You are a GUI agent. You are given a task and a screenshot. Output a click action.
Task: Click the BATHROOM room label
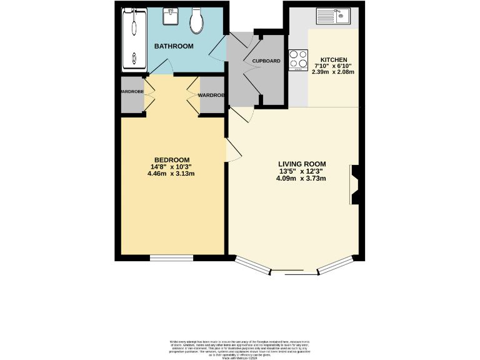pos(174,46)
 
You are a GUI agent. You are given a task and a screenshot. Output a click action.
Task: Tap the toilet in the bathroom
pos(196,22)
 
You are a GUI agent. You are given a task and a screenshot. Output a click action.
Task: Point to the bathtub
pos(132,39)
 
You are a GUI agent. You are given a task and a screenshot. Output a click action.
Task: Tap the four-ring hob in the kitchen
pos(298,61)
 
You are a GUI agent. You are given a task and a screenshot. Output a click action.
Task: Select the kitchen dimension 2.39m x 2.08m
pos(333,72)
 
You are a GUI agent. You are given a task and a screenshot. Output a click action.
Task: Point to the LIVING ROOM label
pos(302,164)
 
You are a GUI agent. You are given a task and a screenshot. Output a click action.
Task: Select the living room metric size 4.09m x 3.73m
pos(302,179)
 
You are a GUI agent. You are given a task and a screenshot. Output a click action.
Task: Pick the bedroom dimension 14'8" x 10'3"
pos(171,167)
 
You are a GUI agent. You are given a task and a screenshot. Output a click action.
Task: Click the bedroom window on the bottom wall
pos(171,257)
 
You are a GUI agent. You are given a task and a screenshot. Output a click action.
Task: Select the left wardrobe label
pos(131,92)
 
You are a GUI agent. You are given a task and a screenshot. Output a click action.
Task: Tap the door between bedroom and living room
pos(232,150)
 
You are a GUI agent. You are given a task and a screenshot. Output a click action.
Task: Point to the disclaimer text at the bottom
pos(239,348)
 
